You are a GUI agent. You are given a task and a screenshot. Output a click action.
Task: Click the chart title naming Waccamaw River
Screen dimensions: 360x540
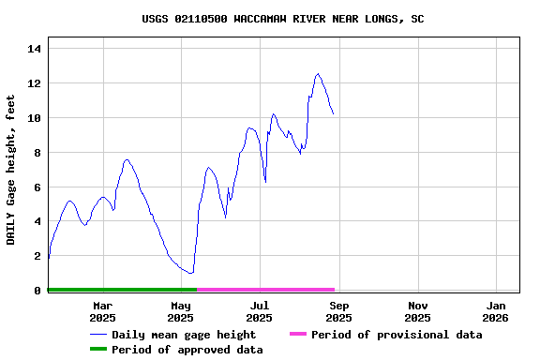[282, 19]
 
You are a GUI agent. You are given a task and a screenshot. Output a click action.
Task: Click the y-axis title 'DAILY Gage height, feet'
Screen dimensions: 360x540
[11, 170]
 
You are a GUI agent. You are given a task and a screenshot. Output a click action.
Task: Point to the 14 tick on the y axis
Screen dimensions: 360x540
[34, 49]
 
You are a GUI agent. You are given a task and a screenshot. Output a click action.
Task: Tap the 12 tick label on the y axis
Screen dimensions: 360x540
[34, 83]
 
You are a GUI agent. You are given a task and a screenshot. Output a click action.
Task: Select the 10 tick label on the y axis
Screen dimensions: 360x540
[34, 118]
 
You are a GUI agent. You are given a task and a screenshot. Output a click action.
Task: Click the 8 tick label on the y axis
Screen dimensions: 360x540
[37, 153]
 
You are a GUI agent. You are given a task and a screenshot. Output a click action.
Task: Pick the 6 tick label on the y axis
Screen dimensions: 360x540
[37, 187]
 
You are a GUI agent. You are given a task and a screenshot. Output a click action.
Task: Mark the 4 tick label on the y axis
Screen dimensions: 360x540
[37, 222]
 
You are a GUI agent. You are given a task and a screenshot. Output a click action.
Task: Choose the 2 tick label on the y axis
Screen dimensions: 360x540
[37, 256]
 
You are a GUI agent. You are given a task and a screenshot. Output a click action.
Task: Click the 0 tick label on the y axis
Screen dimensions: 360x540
[37, 291]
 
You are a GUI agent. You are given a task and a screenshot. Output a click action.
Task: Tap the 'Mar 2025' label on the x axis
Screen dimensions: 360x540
[102, 311]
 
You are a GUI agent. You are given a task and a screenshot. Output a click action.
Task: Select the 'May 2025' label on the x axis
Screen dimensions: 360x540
[181, 311]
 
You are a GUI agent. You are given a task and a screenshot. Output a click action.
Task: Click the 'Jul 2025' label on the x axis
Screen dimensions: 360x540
[260, 311]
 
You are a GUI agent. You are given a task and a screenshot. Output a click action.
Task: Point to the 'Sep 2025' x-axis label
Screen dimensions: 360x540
[339, 311]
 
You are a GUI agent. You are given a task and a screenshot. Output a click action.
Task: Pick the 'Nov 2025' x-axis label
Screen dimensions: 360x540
[418, 311]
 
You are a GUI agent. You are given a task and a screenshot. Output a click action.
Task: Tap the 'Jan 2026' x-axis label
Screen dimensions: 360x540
[497, 311]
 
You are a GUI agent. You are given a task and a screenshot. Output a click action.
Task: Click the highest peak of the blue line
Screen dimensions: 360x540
[319, 73]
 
